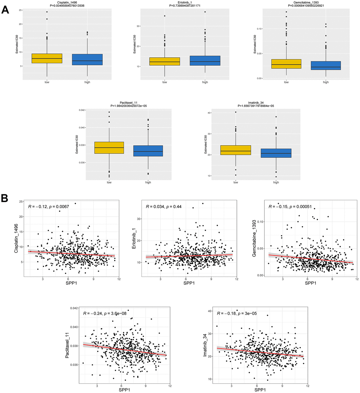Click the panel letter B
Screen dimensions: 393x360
[6, 198]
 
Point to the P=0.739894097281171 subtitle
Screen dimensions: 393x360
[185, 5]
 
